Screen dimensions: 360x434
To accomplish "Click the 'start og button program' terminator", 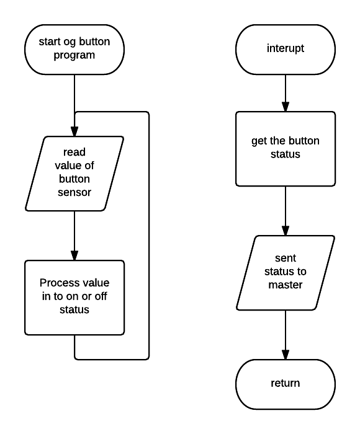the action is [x=74, y=50].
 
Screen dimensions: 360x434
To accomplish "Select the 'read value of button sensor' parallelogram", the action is [x=74, y=174].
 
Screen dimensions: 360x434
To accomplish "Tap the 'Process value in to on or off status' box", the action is [x=74, y=298].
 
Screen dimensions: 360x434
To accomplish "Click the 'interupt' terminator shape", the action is [x=286, y=50].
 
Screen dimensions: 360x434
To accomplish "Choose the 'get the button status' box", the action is [x=286, y=149].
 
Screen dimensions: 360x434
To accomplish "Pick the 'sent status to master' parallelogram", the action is [x=286, y=273].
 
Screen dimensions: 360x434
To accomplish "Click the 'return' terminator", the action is [x=286, y=384].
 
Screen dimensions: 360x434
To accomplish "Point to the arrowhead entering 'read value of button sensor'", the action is [x=74, y=131].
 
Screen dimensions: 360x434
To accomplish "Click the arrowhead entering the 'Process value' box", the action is [x=74, y=255].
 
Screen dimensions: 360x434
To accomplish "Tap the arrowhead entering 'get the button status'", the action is [x=286, y=107].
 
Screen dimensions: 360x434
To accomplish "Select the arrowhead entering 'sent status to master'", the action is [x=286, y=231].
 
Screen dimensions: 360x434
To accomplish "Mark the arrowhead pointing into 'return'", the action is [x=286, y=355].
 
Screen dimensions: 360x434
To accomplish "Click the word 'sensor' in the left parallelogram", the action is [x=74, y=192].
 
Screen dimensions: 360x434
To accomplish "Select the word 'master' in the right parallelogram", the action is [x=286, y=285].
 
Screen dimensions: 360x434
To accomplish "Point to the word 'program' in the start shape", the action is [x=74, y=55].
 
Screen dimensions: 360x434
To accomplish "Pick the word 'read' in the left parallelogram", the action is [x=74, y=152].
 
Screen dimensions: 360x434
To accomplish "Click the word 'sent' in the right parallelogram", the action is [x=286, y=259].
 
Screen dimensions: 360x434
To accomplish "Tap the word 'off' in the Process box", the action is [x=101, y=296].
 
